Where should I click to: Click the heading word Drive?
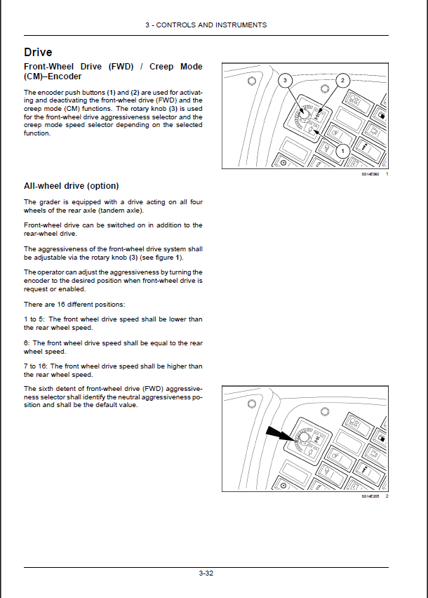coord(38,52)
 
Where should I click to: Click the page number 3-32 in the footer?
coord(206,573)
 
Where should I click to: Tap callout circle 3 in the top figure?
coord(284,81)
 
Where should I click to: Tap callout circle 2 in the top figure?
coord(342,81)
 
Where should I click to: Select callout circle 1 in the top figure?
coord(342,150)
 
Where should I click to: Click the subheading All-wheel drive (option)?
coord(71,186)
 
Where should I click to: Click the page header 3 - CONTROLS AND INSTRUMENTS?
coord(206,25)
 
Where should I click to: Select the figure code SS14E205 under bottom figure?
coord(370,496)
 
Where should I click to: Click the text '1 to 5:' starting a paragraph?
coord(34,319)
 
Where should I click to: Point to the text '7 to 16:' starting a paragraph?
coord(36,366)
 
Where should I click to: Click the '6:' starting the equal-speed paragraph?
coord(27,343)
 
